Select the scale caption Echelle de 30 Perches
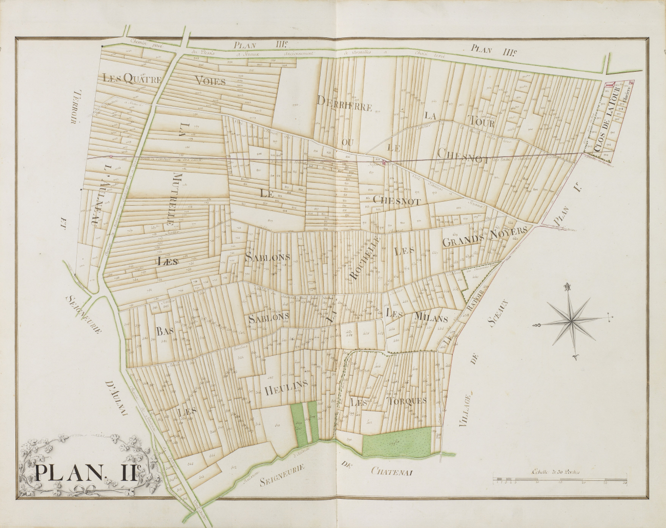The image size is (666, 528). pyautogui.click(x=556, y=473)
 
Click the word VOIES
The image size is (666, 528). pyautogui.click(x=210, y=81)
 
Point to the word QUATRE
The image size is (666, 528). pyautogui.click(x=142, y=79)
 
